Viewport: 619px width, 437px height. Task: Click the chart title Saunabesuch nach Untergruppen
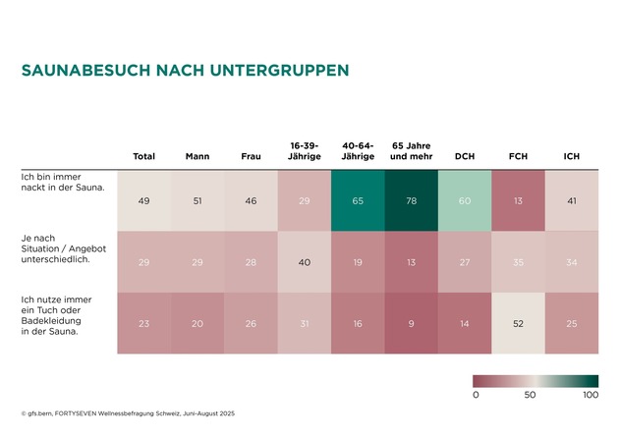pos(185,71)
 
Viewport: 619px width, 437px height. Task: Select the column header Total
pos(144,156)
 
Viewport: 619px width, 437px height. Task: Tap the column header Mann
pos(197,156)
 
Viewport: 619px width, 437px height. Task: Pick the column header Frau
pos(251,156)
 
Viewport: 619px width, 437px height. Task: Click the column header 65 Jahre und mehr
pos(411,151)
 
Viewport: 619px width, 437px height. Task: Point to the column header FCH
pos(518,156)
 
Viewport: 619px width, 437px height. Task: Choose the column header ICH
pos(571,156)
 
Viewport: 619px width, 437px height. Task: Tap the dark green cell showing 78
pos(411,200)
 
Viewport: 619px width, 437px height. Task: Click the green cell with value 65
pos(358,200)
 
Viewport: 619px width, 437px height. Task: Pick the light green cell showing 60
pos(465,200)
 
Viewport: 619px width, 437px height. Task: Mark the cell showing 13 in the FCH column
pos(518,200)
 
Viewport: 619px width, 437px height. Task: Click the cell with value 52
pos(518,323)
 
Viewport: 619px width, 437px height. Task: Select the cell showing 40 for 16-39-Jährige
pos(305,262)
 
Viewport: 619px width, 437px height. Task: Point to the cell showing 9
pos(411,323)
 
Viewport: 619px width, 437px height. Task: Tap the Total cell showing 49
pos(144,200)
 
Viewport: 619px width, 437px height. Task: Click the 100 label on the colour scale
pos(591,395)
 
